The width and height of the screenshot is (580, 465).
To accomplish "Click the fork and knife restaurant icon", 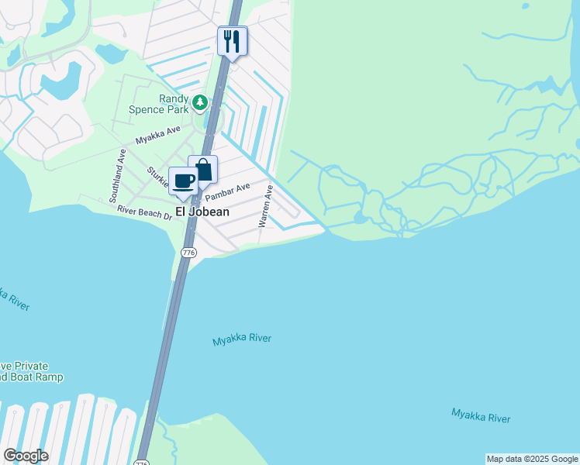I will [232, 40].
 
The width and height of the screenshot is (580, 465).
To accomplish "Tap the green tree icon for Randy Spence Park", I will [200, 101].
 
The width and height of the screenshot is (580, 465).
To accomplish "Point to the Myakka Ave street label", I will [157, 136].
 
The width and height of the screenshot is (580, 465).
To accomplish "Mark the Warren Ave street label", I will [264, 205].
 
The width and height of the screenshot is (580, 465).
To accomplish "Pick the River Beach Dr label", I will [144, 212].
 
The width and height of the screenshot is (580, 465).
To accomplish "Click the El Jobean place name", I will [202, 212].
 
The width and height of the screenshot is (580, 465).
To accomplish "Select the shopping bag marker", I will [203, 169].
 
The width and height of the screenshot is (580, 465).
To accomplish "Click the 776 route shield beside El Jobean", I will [188, 253].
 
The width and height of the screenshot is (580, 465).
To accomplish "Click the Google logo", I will [26, 456].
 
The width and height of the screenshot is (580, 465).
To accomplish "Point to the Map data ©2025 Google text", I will [532, 459].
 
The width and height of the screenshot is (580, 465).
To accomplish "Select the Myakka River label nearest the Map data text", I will [481, 415].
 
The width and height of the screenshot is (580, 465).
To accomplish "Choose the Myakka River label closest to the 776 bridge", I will [242, 339].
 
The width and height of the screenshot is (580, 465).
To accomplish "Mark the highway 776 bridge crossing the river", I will [165, 341].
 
